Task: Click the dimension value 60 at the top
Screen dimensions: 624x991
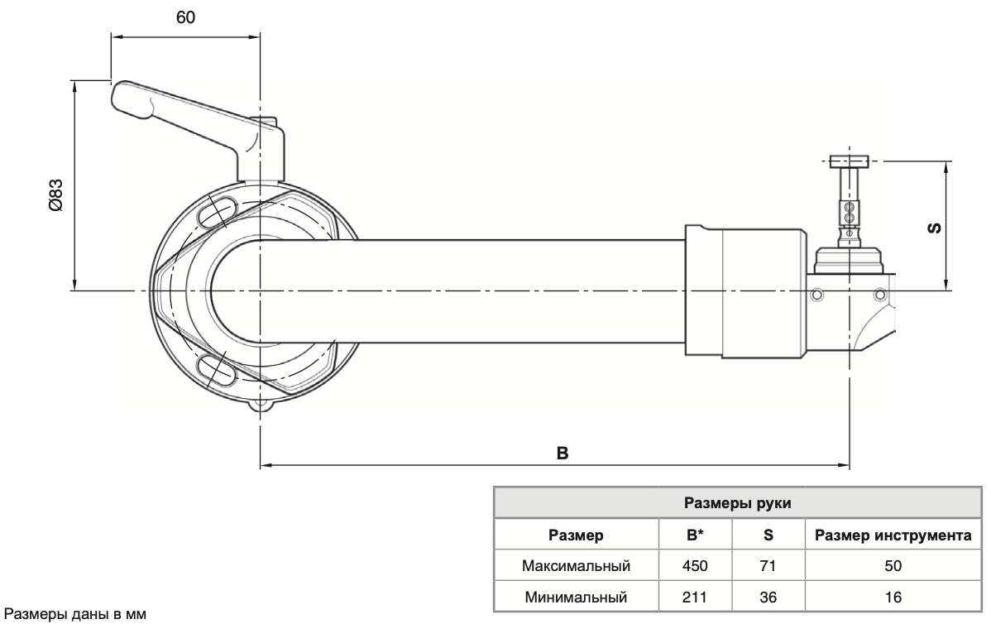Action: [185, 18]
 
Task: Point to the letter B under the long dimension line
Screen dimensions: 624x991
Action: [561, 454]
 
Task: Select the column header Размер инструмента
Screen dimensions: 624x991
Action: [893, 536]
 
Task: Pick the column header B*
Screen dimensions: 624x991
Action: [695, 536]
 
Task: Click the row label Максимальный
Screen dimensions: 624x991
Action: [577, 567]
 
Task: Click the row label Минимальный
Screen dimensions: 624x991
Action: [577, 597]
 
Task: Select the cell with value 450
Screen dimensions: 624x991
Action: [695, 567]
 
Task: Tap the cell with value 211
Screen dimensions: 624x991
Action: [695, 597]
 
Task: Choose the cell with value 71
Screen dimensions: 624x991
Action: [768, 567]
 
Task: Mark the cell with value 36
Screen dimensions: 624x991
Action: [768, 597]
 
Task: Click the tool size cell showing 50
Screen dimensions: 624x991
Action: [893, 567]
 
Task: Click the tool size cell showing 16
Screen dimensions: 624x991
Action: [893, 597]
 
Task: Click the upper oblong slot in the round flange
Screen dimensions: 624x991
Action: [217, 213]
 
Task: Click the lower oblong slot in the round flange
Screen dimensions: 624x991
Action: [217, 367]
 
